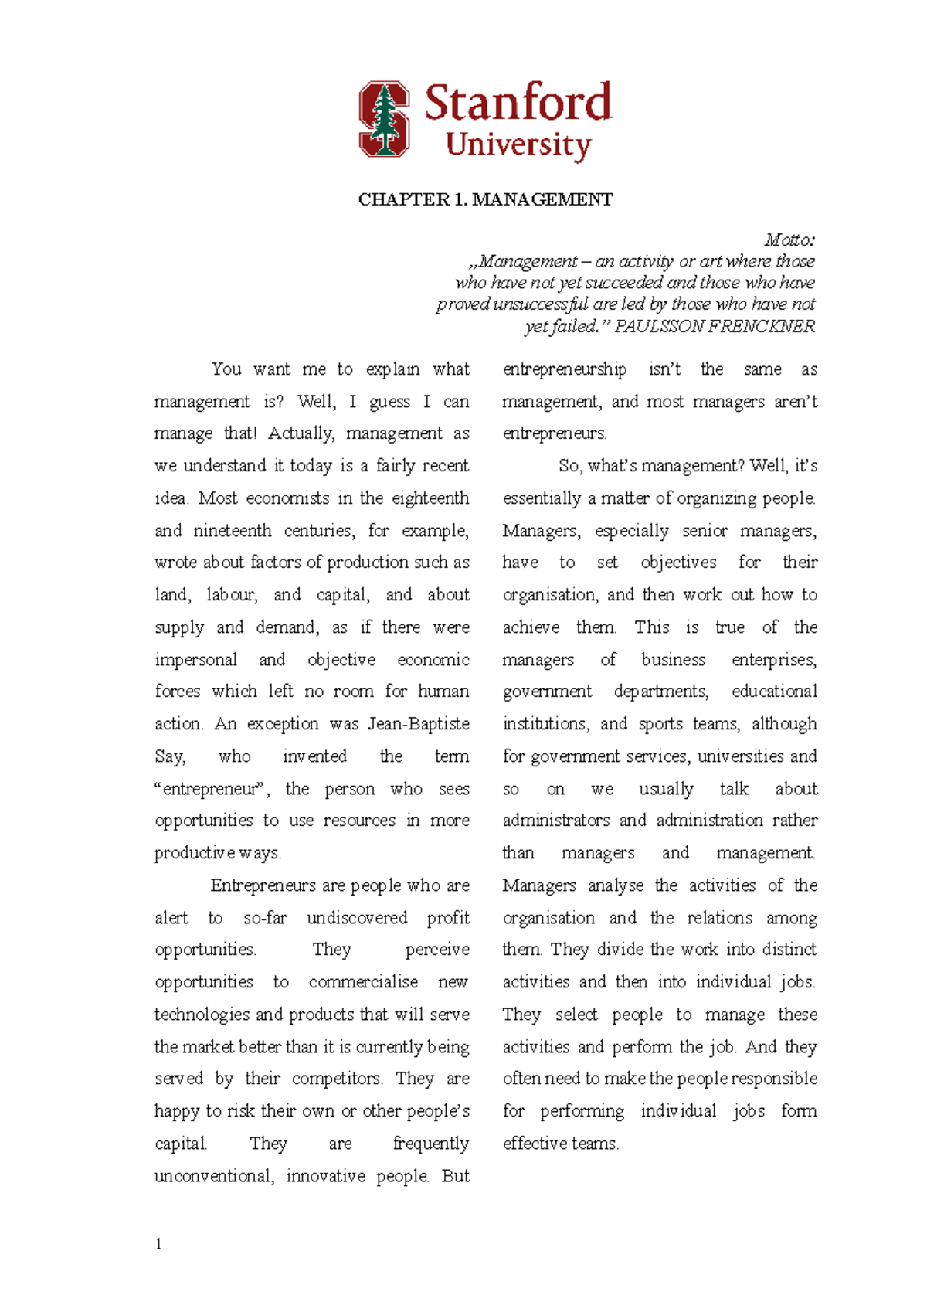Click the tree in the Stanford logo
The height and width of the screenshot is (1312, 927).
tap(385, 120)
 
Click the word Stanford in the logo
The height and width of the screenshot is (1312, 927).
tap(518, 103)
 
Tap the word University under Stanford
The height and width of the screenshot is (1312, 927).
tap(518, 145)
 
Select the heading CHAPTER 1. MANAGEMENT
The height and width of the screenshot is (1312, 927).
tap(485, 200)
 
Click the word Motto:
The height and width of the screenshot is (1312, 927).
tap(789, 240)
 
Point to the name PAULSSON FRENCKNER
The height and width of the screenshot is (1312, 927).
tap(715, 327)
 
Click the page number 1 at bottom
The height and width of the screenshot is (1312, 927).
tap(158, 1244)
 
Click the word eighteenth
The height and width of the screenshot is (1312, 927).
tap(430, 498)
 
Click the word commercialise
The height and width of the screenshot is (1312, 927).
tap(363, 982)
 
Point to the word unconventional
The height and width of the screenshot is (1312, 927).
tap(213, 1176)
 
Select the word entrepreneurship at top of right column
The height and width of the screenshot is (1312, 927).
tap(565, 369)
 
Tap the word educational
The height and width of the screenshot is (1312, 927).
tap(774, 692)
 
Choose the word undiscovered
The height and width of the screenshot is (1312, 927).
tap(357, 918)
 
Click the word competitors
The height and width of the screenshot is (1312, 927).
tap(336, 1079)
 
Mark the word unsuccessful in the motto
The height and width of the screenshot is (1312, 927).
tap(540, 304)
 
